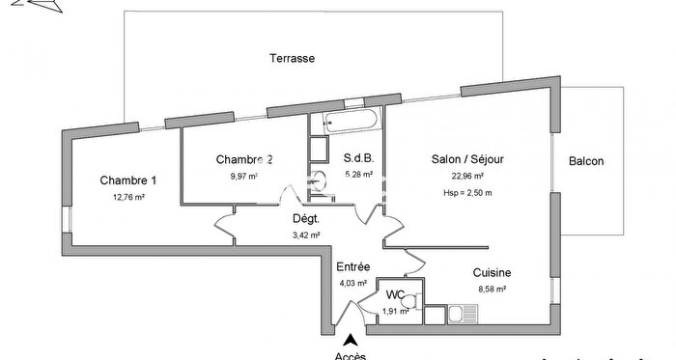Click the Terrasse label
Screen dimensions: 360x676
pyautogui.click(x=292, y=59)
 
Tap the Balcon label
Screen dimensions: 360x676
pyautogui.click(x=586, y=161)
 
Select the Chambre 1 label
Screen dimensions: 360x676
pyautogui.click(x=127, y=180)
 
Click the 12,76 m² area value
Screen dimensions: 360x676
pyautogui.click(x=127, y=197)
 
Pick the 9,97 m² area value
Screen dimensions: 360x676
pyautogui.click(x=243, y=176)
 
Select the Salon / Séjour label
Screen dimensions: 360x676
pyautogui.click(x=467, y=159)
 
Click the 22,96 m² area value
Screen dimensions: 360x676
pyautogui.click(x=467, y=177)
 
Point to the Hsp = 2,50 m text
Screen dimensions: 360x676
pyautogui.click(x=467, y=192)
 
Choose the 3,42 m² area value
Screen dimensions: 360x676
pyautogui.click(x=305, y=235)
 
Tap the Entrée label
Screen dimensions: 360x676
pyautogui.click(x=352, y=266)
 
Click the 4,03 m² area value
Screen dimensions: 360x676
pyautogui.click(x=352, y=283)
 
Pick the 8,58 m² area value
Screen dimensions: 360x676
pyautogui.click(x=493, y=289)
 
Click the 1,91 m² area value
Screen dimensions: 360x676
pyautogui.click(x=395, y=311)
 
